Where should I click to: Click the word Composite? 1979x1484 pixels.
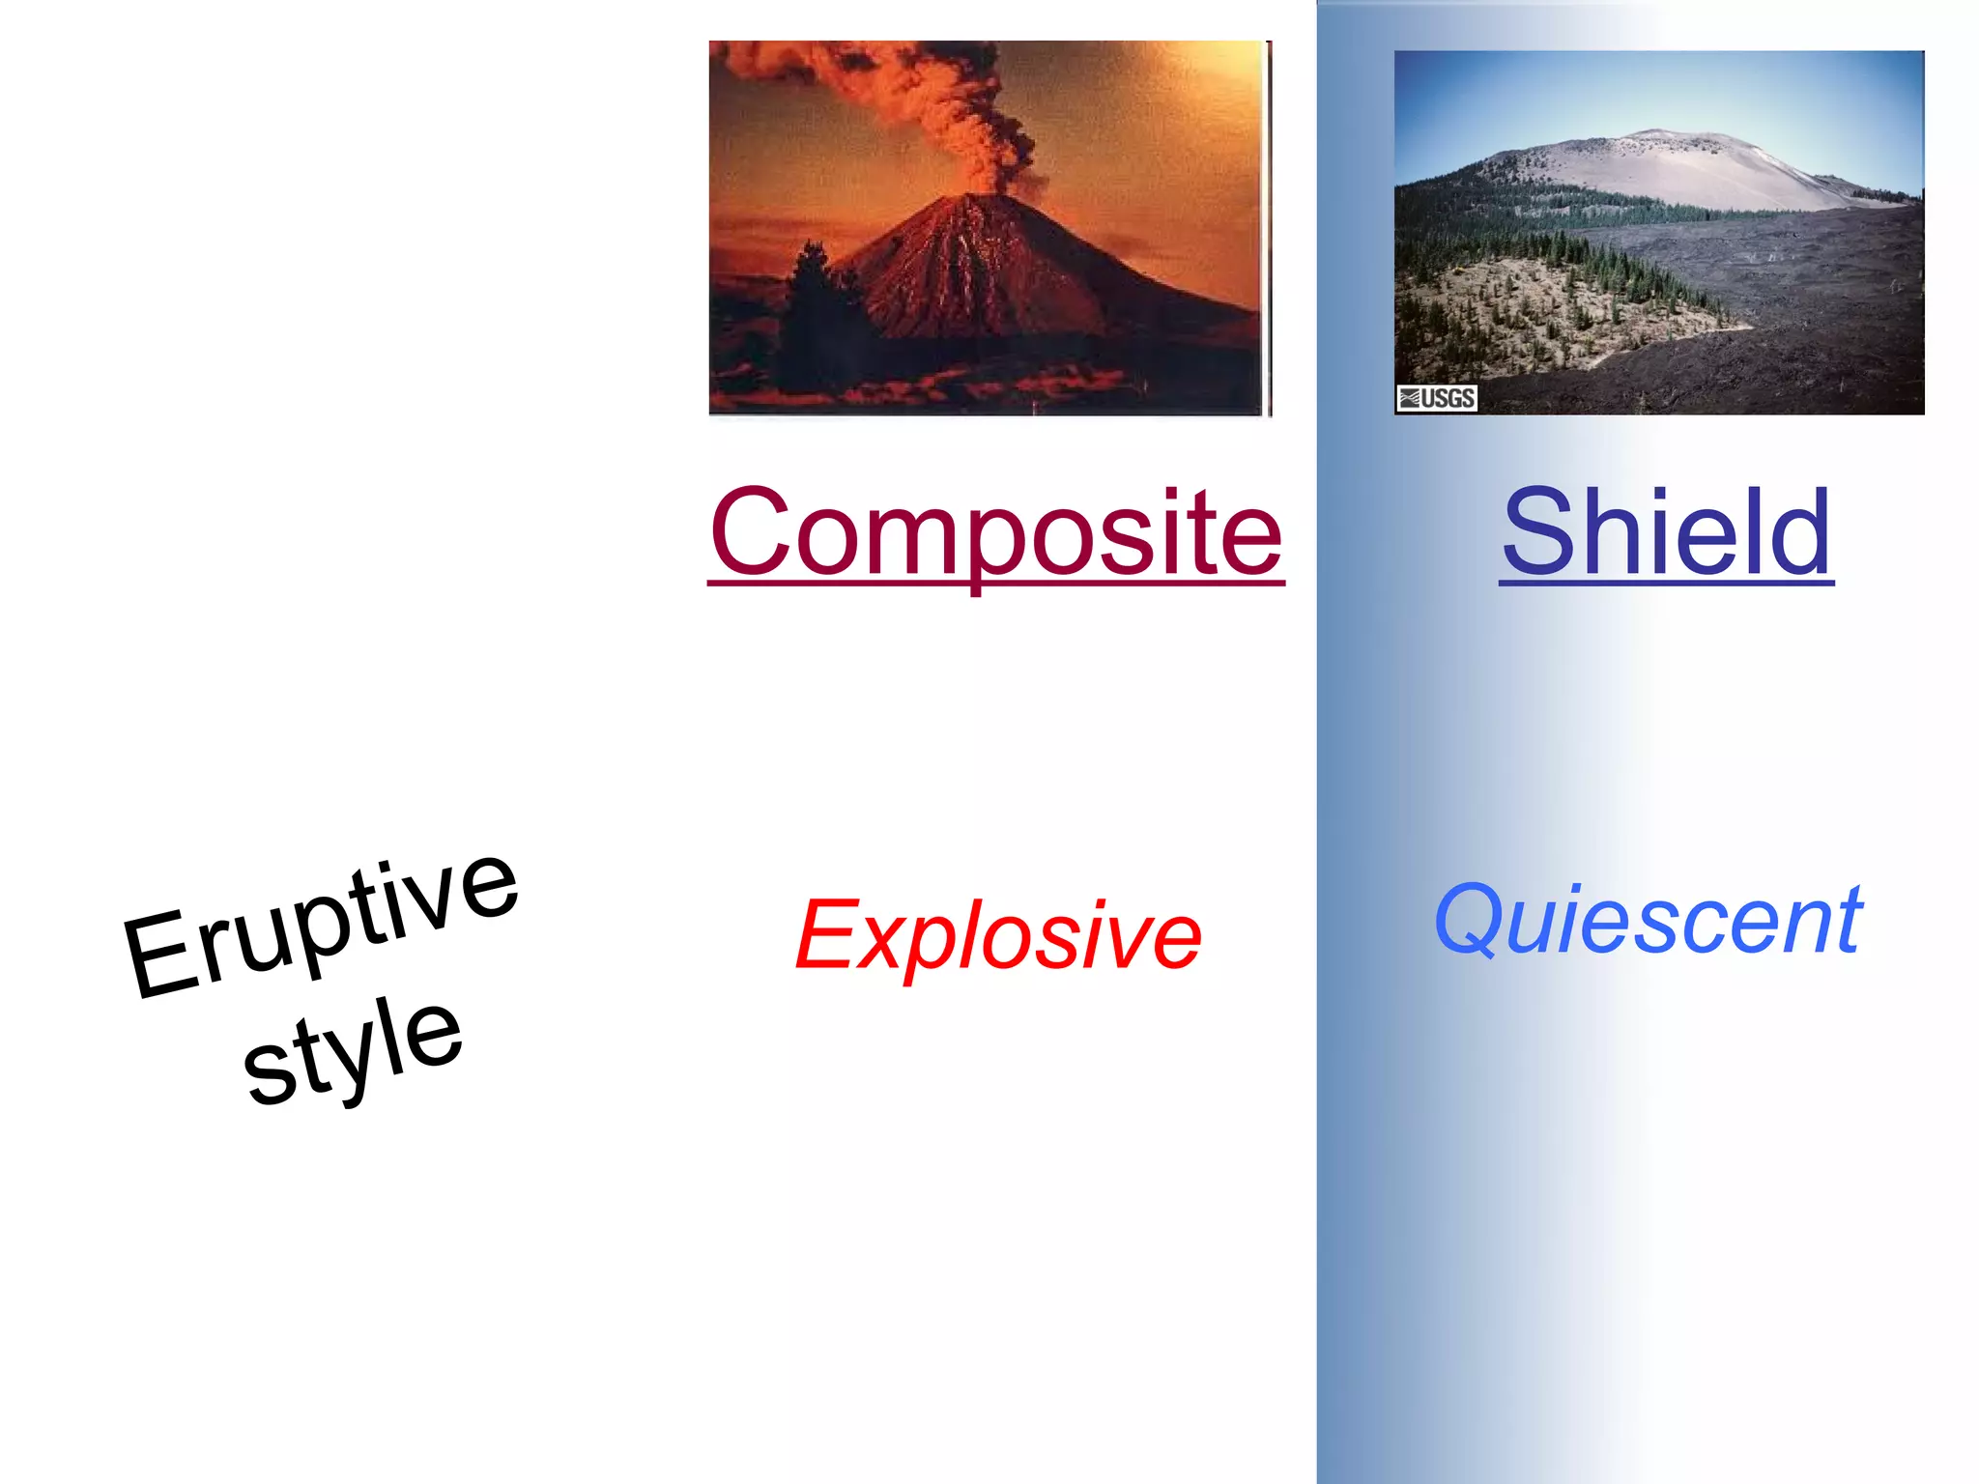[x=995, y=533]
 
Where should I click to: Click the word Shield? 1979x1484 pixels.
[x=1666, y=533]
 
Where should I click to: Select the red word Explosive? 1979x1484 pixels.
[x=998, y=934]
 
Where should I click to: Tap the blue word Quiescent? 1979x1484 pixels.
[x=1648, y=920]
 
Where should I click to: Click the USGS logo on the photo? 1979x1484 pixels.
[x=1437, y=397]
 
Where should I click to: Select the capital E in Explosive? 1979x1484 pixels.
[x=827, y=933]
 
